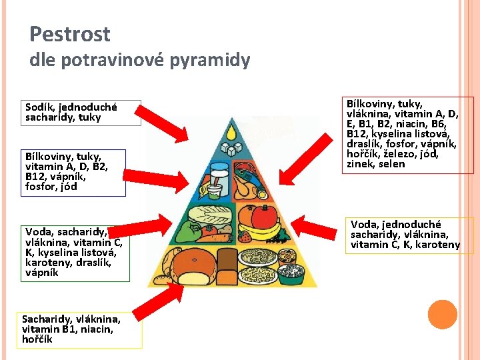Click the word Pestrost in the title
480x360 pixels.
pos(70,34)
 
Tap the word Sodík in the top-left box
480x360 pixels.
pos(39,107)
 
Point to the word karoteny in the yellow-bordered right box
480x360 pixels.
pos(438,245)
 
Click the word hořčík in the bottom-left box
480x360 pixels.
pos(38,339)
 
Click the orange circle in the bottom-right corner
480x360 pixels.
pos(442,315)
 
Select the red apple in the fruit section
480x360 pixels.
pos(263,215)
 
